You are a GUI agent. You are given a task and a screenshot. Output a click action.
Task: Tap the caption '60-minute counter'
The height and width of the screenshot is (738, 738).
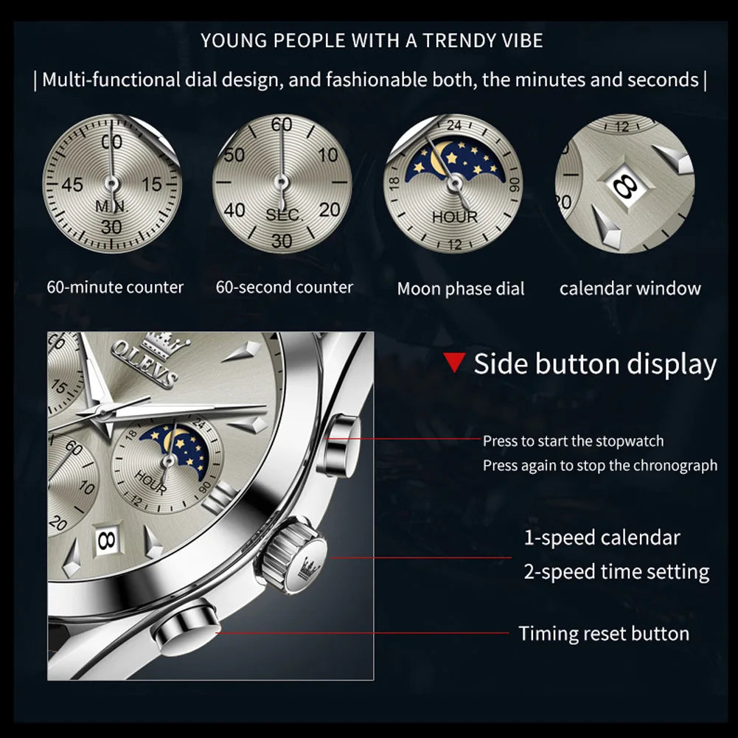(115, 287)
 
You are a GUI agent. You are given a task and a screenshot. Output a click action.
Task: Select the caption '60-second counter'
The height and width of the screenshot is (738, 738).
(284, 287)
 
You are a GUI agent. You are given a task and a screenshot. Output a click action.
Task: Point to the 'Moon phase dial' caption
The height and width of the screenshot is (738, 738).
(461, 289)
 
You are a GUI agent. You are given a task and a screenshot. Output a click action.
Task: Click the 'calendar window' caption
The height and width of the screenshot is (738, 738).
(630, 288)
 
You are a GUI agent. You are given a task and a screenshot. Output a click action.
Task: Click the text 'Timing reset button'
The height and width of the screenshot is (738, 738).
(603, 633)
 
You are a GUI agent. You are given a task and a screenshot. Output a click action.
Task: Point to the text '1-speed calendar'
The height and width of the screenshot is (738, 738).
(602, 537)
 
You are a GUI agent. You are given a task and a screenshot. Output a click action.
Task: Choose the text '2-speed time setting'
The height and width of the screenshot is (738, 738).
(616, 571)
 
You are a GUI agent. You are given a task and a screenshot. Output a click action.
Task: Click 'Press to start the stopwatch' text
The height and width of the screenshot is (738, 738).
(573, 441)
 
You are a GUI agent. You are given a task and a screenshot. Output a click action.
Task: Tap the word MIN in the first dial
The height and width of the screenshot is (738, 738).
(111, 207)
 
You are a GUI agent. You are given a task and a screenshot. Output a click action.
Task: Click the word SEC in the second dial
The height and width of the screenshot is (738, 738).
(283, 215)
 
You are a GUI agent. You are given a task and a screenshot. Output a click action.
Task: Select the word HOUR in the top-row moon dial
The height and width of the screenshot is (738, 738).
(455, 217)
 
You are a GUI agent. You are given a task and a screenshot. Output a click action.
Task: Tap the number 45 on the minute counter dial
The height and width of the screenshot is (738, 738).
(72, 184)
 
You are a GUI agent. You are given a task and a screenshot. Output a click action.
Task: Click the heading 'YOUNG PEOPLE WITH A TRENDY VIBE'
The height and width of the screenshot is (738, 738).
(372, 41)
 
